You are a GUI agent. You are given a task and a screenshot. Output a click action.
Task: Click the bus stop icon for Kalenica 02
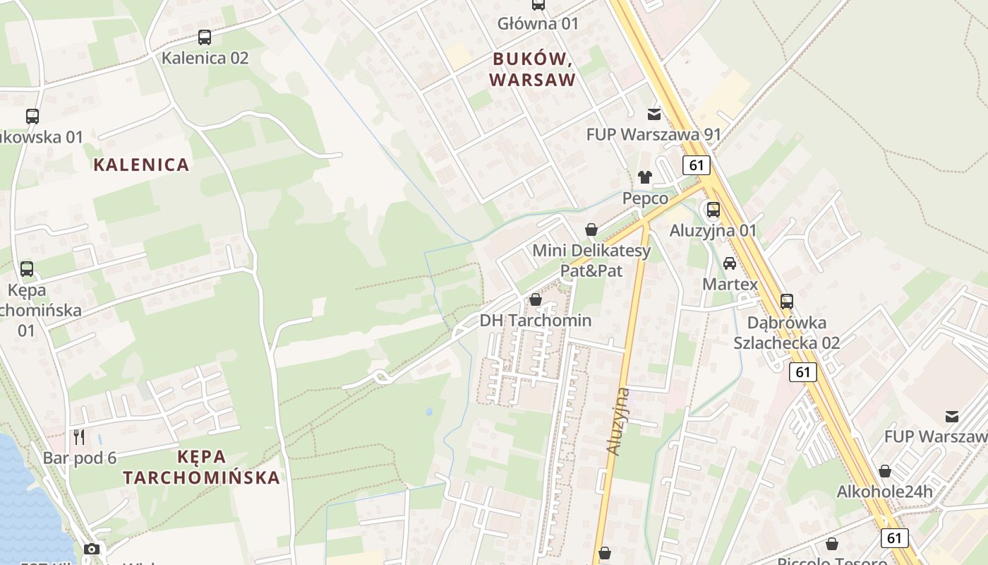click(x=205, y=37)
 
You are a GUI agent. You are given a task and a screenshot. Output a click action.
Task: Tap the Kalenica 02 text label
click(x=205, y=58)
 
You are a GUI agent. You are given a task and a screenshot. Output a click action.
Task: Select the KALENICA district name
click(x=142, y=165)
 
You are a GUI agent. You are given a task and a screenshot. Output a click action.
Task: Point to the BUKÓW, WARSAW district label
click(x=533, y=69)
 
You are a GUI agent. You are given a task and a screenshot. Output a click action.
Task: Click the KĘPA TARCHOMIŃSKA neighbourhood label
click(x=202, y=467)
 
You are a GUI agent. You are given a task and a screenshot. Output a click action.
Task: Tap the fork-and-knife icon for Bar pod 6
click(x=79, y=437)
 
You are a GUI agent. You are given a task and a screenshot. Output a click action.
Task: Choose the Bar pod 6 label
click(x=80, y=458)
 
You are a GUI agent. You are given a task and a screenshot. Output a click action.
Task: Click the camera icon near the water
click(x=91, y=549)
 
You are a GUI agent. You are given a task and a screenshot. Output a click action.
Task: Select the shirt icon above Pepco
click(x=645, y=177)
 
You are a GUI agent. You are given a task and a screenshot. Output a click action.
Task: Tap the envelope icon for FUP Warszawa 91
click(x=654, y=114)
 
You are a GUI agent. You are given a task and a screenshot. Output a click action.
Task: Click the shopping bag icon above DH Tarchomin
click(x=536, y=299)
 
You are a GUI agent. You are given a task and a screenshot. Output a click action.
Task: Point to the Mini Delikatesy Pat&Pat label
click(x=591, y=260)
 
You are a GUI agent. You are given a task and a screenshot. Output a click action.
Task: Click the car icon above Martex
click(x=730, y=263)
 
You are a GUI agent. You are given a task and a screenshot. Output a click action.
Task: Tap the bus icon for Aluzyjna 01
click(x=713, y=210)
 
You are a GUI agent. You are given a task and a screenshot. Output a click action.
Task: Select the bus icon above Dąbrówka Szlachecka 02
click(x=787, y=302)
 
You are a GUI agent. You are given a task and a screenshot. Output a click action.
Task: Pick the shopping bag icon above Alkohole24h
click(x=885, y=471)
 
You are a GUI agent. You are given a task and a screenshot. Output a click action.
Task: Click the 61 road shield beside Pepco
click(x=697, y=165)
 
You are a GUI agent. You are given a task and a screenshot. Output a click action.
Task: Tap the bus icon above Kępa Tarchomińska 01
click(x=27, y=269)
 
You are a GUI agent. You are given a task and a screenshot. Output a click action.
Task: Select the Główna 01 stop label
click(x=538, y=23)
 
